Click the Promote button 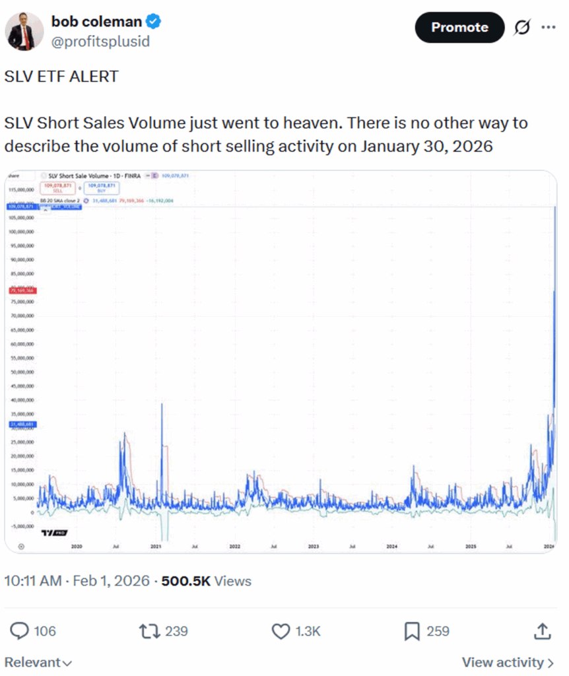(x=459, y=27)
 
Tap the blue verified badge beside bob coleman (x=154, y=22)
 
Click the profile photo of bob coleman (x=24, y=30)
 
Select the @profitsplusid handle (x=100, y=42)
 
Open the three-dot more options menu (x=548, y=27)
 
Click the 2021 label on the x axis (x=156, y=547)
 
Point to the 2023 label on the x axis (x=313, y=547)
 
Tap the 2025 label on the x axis (x=470, y=547)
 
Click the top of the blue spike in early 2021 (x=162, y=404)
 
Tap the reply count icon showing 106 (x=21, y=631)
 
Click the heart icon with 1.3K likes (x=281, y=631)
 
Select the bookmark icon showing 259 (x=412, y=631)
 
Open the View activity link (x=507, y=661)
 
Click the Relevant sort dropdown (x=38, y=661)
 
